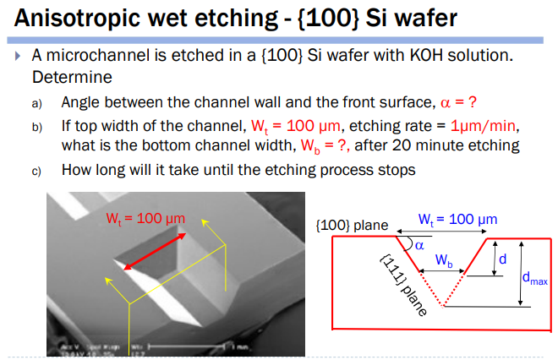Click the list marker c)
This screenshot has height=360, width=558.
(x=36, y=170)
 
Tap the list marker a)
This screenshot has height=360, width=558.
(x=36, y=103)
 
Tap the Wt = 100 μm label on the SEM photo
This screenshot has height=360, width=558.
(x=145, y=218)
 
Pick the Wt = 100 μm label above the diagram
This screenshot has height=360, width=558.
(x=457, y=219)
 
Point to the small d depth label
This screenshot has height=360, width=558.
(x=503, y=257)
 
